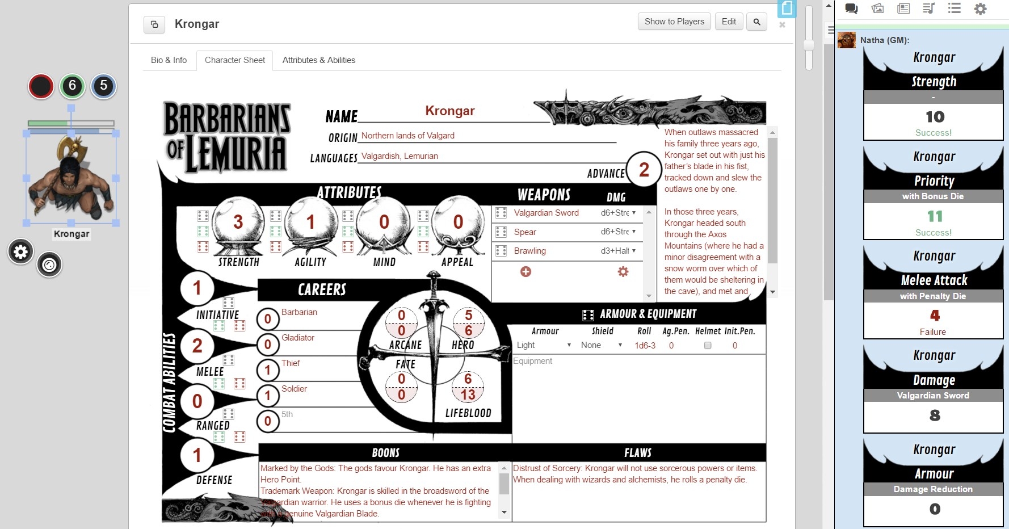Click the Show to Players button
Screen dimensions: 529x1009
(x=674, y=22)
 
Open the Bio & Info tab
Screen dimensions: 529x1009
(x=169, y=60)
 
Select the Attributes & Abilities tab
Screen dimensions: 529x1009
(x=318, y=60)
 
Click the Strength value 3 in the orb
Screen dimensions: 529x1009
(x=238, y=222)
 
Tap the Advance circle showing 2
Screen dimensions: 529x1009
(x=644, y=169)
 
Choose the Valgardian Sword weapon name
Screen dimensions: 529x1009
(x=546, y=213)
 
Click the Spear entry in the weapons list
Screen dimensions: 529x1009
(x=525, y=232)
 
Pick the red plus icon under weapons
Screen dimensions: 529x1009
(x=525, y=272)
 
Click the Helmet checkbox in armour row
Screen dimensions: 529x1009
(x=708, y=345)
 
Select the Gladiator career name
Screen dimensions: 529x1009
(x=298, y=338)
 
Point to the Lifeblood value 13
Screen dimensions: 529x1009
(x=468, y=394)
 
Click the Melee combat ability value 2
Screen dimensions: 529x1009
(x=197, y=345)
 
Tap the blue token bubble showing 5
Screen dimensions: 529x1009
(x=103, y=86)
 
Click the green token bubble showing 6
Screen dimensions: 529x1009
(x=72, y=86)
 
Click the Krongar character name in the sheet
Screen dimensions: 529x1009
(x=449, y=111)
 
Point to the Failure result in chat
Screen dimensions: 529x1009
(x=932, y=332)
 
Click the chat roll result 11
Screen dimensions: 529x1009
(x=934, y=216)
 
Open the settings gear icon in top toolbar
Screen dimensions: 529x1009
(x=980, y=9)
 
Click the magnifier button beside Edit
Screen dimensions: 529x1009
(x=756, y=22)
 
